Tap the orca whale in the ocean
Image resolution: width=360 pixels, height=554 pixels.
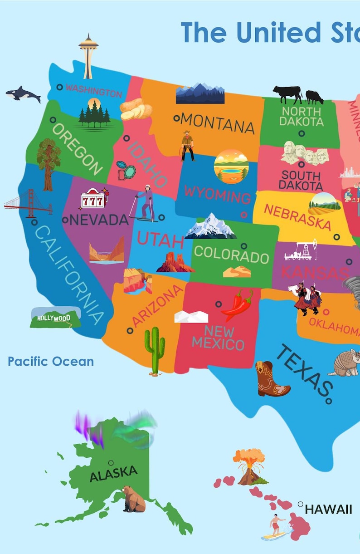(x=23, y=94)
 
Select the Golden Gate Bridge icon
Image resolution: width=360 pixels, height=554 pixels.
(x=28, y=203)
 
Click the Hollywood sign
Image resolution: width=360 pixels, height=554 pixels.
(x=55, y=318)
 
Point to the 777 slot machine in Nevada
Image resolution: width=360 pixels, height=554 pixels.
(x=92, y=199)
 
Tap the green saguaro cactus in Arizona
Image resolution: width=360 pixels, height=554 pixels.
(x=155, y=350)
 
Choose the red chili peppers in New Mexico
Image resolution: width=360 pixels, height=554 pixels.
(x=238, y=305)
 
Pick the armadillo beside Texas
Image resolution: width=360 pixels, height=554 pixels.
(x=345, y=363)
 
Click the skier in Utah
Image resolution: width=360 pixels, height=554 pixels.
(x=146, y=203)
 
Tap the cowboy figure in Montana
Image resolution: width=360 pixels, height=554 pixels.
(x=187, y=146)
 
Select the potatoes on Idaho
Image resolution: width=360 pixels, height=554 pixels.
(x=135, y=109)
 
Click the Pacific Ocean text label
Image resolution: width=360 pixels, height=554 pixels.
(x=51, y=362)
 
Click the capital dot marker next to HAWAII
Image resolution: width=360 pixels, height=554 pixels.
(x=300, y=504)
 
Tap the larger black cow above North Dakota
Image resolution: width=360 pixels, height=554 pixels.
(x=287, y=94)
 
